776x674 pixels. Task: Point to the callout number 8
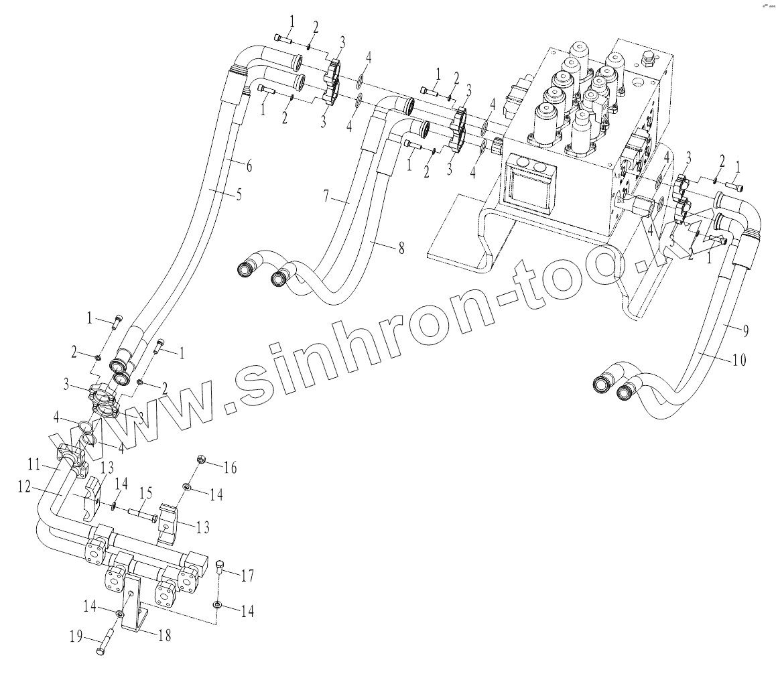[x=401, y=249]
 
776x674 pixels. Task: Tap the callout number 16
[x=230, y=468]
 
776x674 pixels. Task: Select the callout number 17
[x=248, y=574]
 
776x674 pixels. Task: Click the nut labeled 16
[x=200, y=460]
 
